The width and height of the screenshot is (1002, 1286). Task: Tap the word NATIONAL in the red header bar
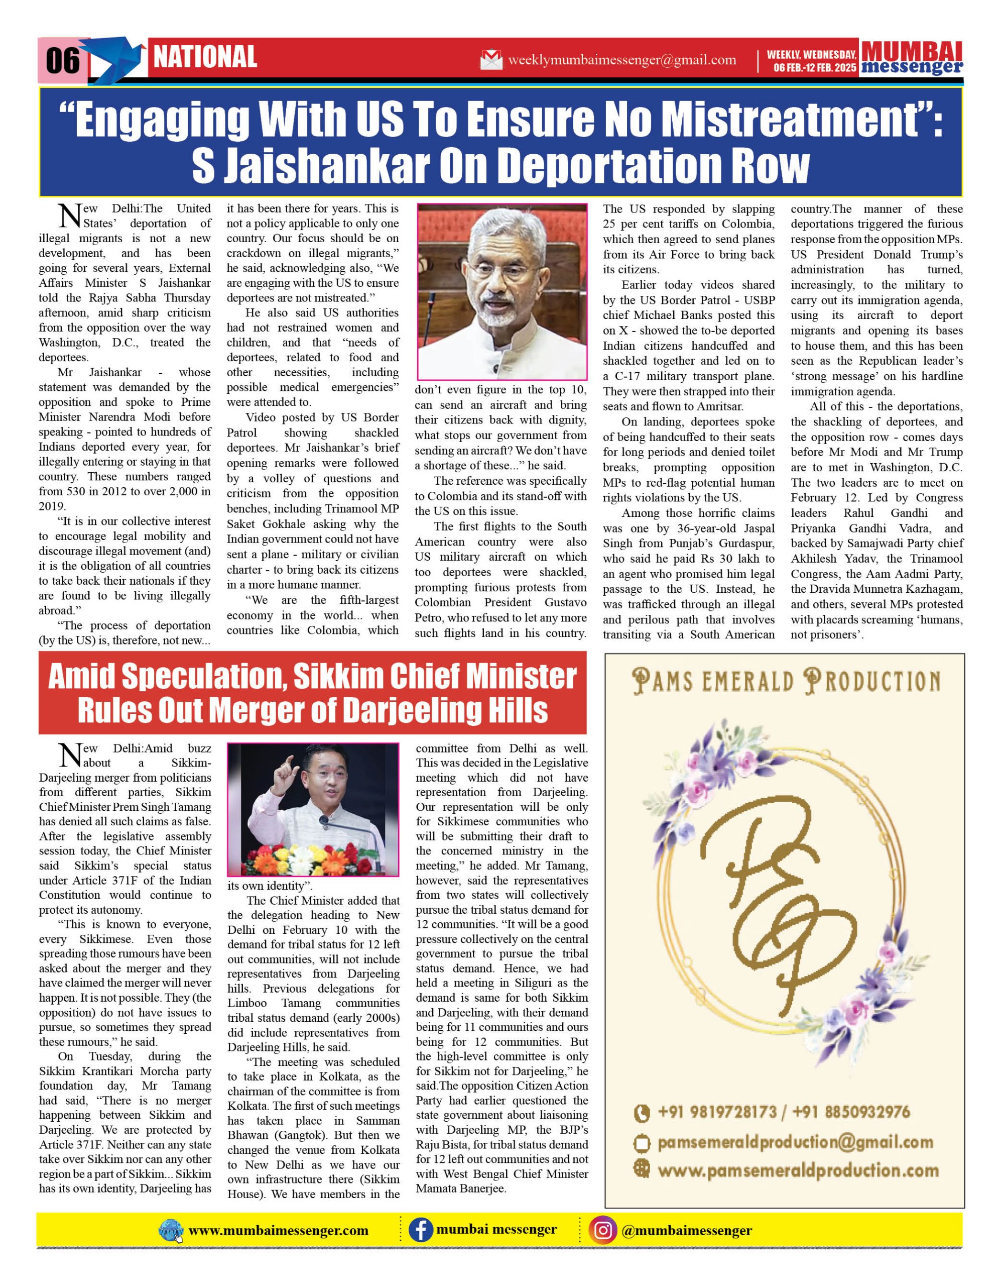coord(205,57)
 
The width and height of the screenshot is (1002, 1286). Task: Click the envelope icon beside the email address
coord(491,59)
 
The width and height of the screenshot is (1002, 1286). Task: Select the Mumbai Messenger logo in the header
coord(912,58)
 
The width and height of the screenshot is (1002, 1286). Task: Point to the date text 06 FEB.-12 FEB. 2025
coord(814,68)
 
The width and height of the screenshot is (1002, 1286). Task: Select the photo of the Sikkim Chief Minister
coord(313,810)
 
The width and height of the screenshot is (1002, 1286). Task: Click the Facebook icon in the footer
coord(420,1230)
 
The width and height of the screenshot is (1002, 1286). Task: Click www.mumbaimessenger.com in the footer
coord(278,1231)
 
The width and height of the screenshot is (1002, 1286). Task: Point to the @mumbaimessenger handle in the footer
coord(686,1231)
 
